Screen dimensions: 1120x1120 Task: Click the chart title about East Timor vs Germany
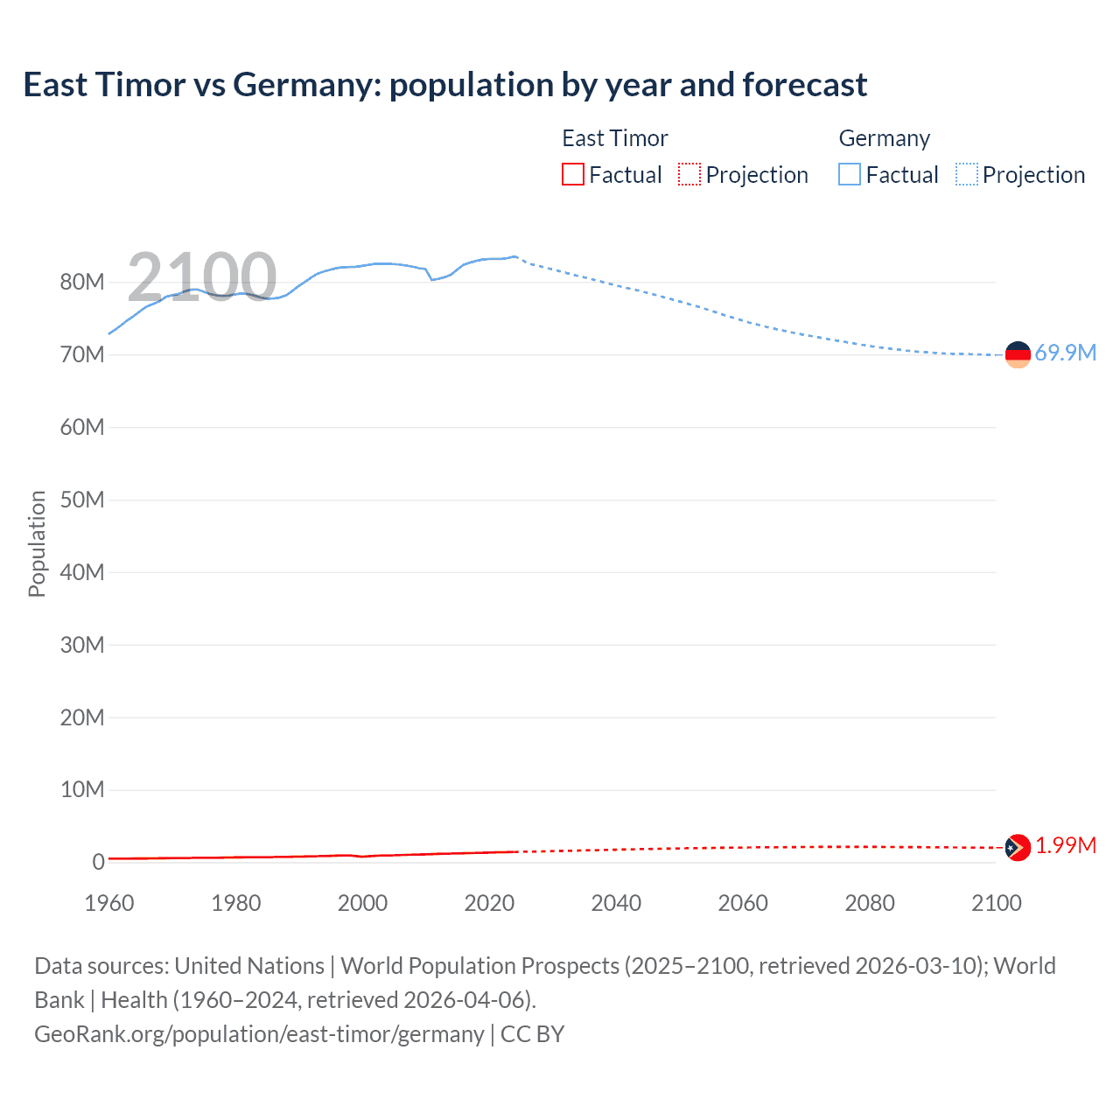[444, 85]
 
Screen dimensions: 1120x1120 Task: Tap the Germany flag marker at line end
[1018, 354]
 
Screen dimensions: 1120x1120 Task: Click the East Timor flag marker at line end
[1018, 847]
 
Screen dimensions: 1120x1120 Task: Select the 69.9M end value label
[1065, 353]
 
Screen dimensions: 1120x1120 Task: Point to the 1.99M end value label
[1065, 845]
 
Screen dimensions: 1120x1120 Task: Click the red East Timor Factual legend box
[572, 174]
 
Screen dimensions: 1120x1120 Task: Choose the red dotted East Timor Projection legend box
[689, 174]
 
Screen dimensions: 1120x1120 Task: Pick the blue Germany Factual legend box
[849, 174]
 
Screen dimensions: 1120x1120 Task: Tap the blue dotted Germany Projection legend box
[966, 174]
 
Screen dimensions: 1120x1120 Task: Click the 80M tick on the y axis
[82, 282]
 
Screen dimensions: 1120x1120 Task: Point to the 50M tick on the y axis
[82, 500]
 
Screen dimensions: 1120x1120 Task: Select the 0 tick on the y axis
[98, 862]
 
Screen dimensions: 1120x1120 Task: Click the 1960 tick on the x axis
[109, 903]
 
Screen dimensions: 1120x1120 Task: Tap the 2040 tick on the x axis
[616, 903]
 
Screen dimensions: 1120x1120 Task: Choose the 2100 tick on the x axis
[996, 903]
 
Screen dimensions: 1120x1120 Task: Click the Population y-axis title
[37, 543]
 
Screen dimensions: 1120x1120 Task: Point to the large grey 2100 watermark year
[202, 276]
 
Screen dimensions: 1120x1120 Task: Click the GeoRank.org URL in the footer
[259, 1033]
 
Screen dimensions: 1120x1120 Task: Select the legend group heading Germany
[884, 138]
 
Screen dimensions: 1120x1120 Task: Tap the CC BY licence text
[532, 1033]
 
